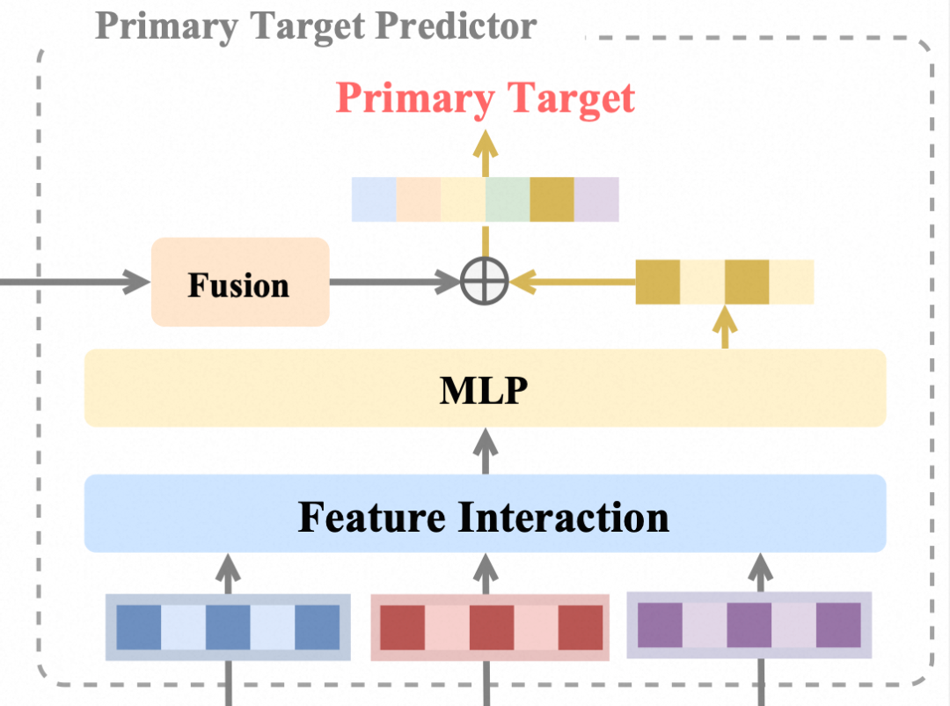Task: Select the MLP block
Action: (x=485, y=388)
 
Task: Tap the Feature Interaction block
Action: (x=485, y=514)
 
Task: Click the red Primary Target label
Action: (x=485, y=98)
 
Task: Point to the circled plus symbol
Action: (x=485, y=282)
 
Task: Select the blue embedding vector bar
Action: (x=228, y=627)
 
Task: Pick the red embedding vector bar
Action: (x=490, y=627)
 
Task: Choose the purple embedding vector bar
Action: (x=749, y=625)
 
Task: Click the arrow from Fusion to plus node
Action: (x=394, y=282)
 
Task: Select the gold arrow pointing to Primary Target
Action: (x=484, y=150)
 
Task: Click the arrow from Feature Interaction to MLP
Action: (x=484, y=451)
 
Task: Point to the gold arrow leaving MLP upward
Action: (x=726, y=327)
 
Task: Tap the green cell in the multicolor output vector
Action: (x=508, y=199)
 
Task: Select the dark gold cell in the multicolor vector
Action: (x=552, y=199)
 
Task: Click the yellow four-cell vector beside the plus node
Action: (x=725, y=282)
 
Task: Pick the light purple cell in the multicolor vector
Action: (x=596, y=199)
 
